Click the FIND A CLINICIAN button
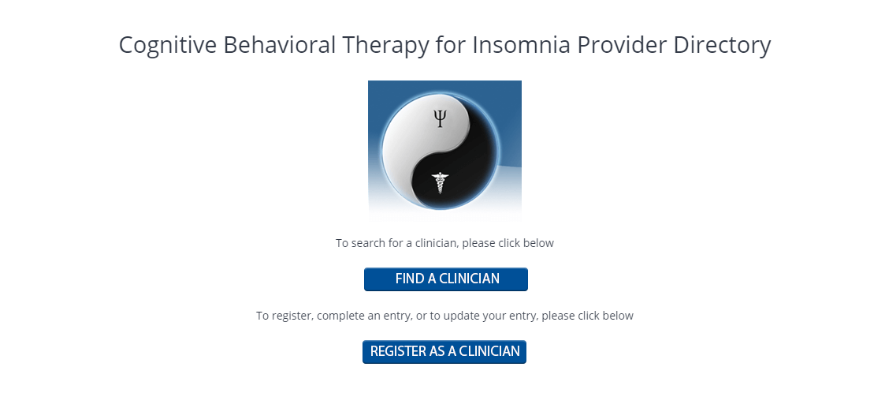pos(446,279)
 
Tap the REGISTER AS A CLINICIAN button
pos(444,352)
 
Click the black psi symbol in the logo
pos(441,118)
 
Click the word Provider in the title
pos(621,45)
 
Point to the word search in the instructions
pos(365,243)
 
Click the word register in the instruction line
pos(292,316)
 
